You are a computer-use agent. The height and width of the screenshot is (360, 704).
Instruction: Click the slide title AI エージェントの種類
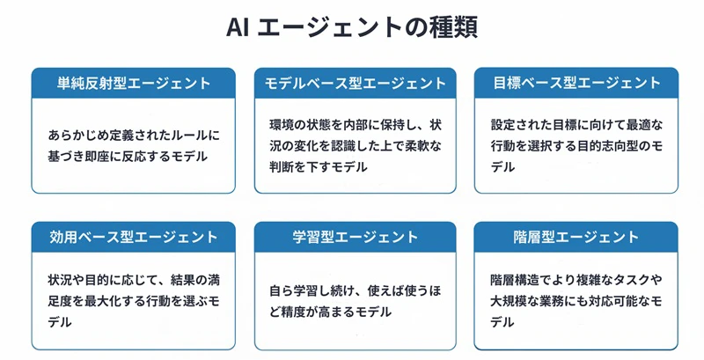pos(352,27)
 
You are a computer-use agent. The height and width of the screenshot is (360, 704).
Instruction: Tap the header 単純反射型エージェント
pos(134,84)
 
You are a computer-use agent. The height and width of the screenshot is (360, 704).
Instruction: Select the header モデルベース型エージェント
pos(356,84)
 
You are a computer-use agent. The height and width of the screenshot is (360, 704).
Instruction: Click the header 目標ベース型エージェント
pos(576,83)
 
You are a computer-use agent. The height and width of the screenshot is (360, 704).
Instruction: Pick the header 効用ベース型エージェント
pos(134,237)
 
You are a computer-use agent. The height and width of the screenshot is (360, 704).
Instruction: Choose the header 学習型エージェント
pos(356,237)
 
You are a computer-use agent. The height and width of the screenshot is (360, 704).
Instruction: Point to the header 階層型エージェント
pos(576,237)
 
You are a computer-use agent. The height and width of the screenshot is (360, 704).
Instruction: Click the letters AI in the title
pos(237,28)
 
